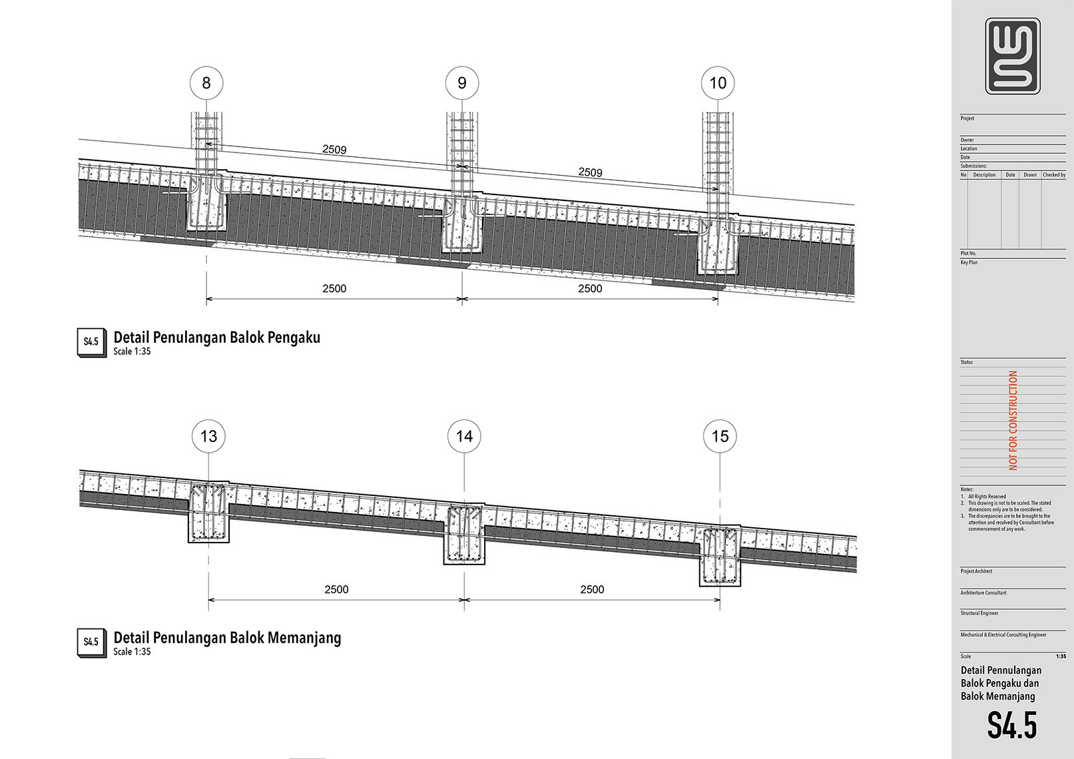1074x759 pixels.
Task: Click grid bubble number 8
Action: tap(206, 83)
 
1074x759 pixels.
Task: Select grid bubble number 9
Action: tap(462, 83)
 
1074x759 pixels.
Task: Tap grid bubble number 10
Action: tap(718, 83)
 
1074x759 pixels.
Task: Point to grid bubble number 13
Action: tap(208, 436)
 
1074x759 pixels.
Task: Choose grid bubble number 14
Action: tap(464, 436)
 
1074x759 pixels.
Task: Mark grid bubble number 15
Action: tap(720, 436)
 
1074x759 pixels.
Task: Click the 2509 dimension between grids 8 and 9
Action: tap(334, 150)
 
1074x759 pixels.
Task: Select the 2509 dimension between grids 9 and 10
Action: tap(590, 172)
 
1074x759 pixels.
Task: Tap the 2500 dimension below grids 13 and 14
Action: tap(336, 590)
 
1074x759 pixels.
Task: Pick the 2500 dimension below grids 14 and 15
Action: tap(592, 590)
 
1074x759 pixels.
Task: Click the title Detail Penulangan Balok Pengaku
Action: tap(217, 338)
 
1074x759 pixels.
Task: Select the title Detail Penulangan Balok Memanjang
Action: tap(227, 638)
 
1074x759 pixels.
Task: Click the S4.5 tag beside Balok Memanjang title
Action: tap(91, 642)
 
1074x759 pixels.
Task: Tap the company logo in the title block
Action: tap(1013, 56)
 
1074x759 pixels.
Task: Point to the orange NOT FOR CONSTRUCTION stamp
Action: tap(1013, 420)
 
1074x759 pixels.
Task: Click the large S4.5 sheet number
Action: tap(1012, 725)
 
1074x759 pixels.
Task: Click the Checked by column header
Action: tap(1054, 175)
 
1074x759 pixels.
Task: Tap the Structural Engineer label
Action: tap(979, 613)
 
